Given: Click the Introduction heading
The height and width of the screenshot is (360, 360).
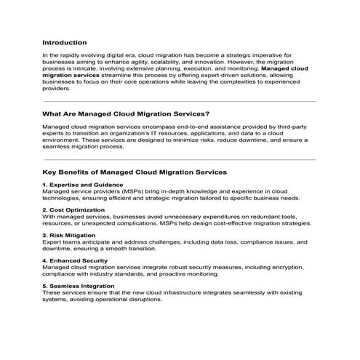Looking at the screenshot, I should (65, 43).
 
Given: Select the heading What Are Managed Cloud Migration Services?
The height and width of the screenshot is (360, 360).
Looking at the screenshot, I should (126, 113).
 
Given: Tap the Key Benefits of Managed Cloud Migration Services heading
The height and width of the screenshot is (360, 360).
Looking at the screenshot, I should (135, 172).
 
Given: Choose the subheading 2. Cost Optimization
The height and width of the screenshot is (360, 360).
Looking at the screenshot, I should (73, 210).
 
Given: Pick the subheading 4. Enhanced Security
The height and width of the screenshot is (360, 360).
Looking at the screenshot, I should (76, 260).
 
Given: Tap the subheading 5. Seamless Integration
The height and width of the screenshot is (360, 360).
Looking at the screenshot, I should (81, 285).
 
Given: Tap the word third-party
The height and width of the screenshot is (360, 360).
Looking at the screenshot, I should (285, 127).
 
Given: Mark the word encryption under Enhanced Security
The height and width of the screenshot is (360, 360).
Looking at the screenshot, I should (289, 267).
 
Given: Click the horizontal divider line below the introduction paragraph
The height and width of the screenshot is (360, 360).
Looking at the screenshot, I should (180, 101).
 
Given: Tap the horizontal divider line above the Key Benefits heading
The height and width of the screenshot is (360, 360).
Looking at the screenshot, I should (180, 159).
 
